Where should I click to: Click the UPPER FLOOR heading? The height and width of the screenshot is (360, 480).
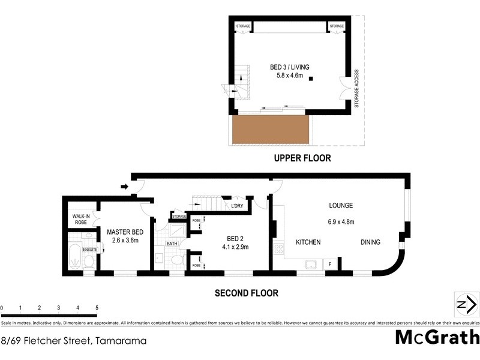[302, 158]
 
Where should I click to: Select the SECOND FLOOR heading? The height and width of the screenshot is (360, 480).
[246, 293]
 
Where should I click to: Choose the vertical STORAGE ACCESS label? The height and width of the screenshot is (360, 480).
[356, 88]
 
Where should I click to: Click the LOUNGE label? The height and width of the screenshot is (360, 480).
[341, 205]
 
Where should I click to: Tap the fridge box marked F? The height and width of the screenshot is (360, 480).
[331, 263]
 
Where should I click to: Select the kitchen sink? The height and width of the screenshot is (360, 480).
[312, 263]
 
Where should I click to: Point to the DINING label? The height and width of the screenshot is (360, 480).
[371, 242]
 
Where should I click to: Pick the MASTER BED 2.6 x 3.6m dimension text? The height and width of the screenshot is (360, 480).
[125, 241]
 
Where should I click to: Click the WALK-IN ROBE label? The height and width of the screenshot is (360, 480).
[81, 219]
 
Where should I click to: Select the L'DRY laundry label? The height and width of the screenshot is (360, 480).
[237, 206]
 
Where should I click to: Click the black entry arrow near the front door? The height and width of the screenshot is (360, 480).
[124, 187]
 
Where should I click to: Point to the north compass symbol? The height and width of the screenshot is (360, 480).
[463, 304]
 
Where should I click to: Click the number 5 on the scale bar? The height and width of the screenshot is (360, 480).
[97, 308]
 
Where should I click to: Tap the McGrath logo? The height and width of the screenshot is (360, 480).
[437, 337]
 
